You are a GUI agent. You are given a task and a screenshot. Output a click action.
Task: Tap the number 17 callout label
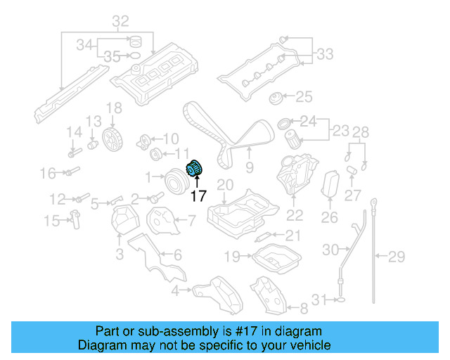pos(198,197)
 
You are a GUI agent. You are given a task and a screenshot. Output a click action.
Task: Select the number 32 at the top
pos(121,22)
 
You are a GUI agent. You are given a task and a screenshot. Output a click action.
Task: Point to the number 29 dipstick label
pos(397,255)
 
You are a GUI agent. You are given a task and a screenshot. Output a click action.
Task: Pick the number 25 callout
pos(303,96)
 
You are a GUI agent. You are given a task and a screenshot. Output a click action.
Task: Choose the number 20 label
pos(224,184)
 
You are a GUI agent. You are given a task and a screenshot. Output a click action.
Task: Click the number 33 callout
pos(325,53)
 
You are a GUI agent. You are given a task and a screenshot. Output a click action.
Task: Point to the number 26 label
pos(330,218)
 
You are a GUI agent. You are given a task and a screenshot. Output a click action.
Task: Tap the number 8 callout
pos(304,308)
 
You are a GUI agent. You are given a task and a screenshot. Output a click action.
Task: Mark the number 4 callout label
pos(175,290)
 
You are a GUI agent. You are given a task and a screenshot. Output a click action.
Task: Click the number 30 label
pos(330,249)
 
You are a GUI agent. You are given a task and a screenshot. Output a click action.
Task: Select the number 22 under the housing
pos(295,216)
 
